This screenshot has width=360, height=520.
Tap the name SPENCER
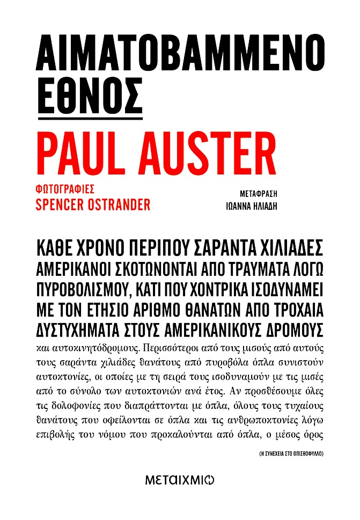(64, 204)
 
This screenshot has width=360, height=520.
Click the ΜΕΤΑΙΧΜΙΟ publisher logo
(180, 481)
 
